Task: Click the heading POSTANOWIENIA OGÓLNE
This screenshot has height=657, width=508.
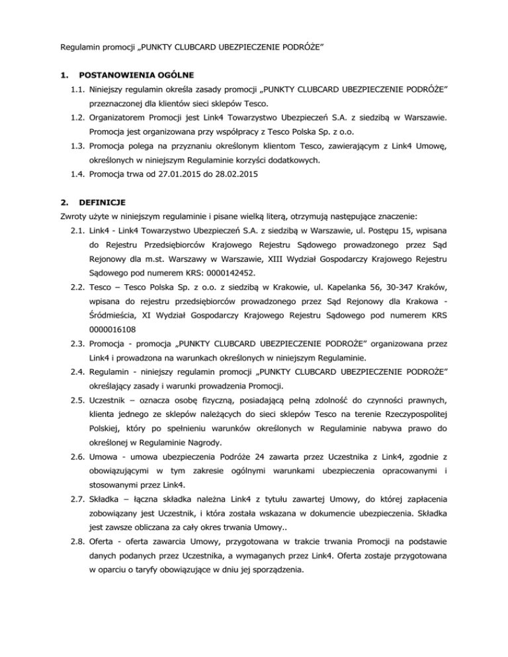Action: click(136, 75)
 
